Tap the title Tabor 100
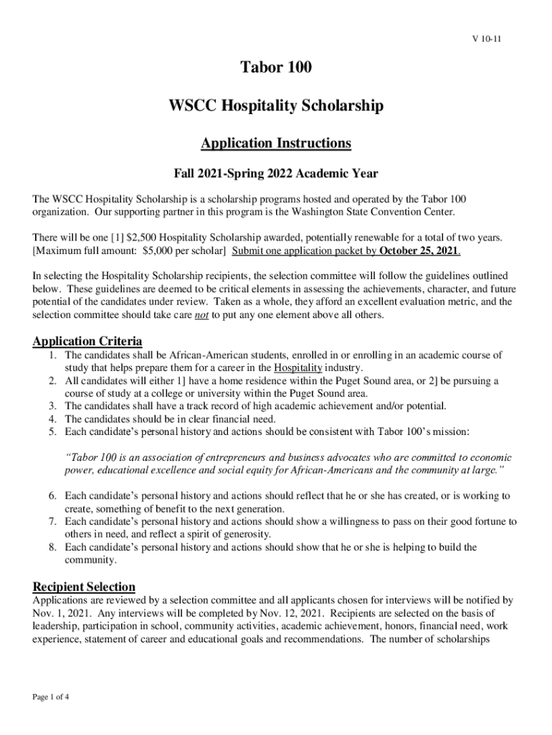tap(276, 69)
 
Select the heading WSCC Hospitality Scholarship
tap(276, 106)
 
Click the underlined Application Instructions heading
tap(276, 143)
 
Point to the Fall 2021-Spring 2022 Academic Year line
tap(276, 174)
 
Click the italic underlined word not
tap(202, 315)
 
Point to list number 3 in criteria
tap(52, 406)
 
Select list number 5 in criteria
tap(52, 432)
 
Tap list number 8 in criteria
tap(52, 548)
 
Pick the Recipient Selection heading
tap(84, 586)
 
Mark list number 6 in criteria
tap(52, 496)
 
